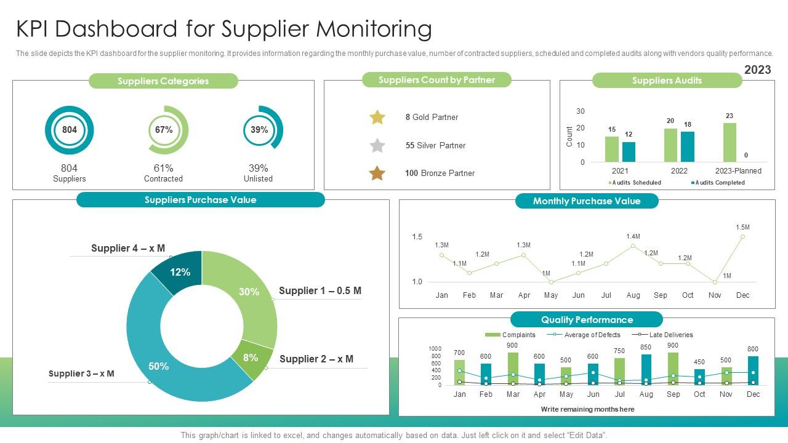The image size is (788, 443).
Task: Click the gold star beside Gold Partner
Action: [x=377, y=117]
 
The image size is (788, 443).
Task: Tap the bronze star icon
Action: [x=377, y=174]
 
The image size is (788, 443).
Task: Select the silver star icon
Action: [x=377, y=146]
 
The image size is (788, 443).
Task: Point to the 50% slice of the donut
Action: [x=159, y=365]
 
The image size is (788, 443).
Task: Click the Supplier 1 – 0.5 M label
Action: [x=320, y=291]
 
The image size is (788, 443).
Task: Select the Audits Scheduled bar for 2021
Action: [x=611, y=149]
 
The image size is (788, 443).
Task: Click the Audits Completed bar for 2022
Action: [x=688, y=146]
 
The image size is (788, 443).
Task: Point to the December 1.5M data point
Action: [x=742, y=236]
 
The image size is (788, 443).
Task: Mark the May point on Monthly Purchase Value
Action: [x=551, y=282]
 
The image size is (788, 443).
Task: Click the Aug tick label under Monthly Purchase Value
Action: [x=633, y=295]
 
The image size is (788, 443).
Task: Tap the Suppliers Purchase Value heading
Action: [x=200, y=200]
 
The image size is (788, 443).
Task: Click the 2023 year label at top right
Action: [x=757, y=70]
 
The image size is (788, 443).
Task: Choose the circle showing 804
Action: [x=70, y=130]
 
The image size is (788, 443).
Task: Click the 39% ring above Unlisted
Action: [x=259, y=130]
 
